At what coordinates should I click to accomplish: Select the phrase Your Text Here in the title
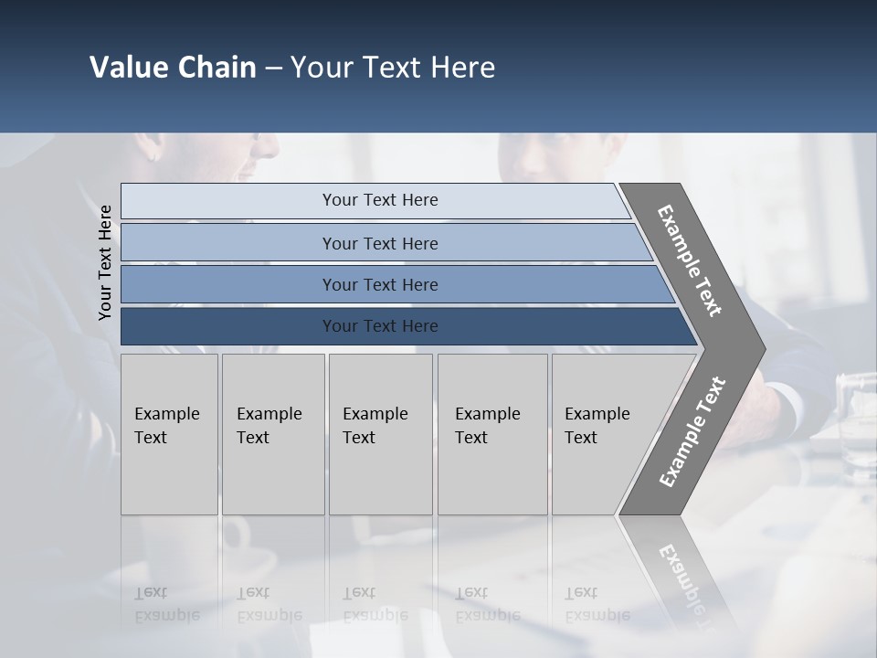coord(393,68)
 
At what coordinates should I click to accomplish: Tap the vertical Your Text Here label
coord(105,262)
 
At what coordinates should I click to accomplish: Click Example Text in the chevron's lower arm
coord(692,432)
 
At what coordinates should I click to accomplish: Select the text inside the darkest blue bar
coord(380,326)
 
